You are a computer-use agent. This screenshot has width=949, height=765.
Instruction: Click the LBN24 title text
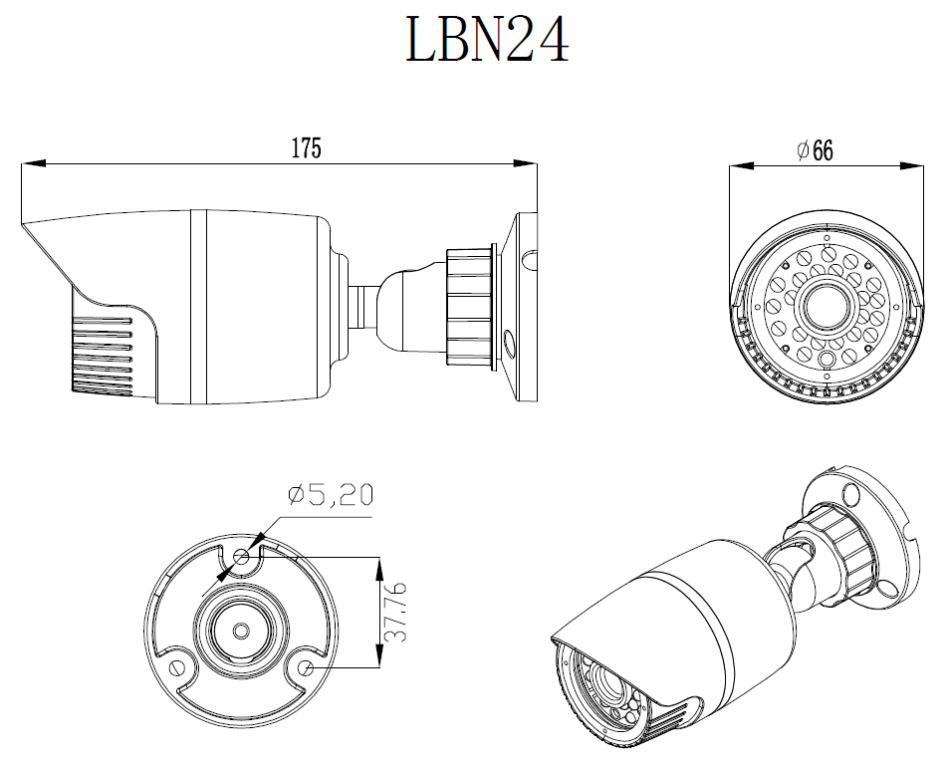487,41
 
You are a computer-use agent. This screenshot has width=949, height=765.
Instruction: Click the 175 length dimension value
306,148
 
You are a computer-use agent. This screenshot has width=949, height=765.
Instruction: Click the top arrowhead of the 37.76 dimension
378,566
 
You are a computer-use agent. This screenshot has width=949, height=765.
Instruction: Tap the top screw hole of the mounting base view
241,556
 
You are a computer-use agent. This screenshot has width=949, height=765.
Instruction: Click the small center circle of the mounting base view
241,631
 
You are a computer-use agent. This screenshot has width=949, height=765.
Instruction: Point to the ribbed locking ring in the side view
469,305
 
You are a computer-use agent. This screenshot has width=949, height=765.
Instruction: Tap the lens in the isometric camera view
606,681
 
